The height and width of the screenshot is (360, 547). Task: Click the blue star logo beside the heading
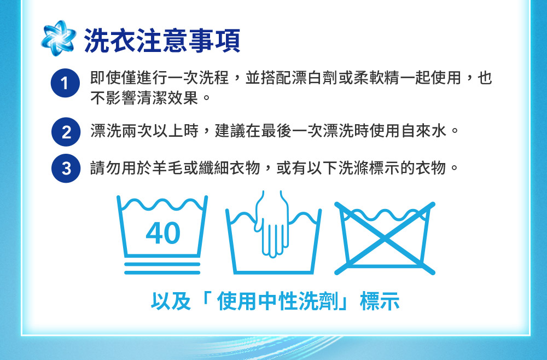click(x=59, y=38)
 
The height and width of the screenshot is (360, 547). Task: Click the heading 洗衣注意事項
click(x=162, y=40)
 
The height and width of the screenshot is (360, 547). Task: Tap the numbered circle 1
click(x=65, y=83)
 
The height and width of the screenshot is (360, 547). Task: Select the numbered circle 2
click(x=66, y=132)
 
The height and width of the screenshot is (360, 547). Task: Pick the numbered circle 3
click(x=66, y=168)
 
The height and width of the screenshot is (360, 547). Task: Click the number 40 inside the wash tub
click(x=163, y=233)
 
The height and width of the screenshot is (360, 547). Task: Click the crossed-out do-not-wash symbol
click(x=385, y=238)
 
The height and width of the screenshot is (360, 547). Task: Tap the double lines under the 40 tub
click(x=162, y=268)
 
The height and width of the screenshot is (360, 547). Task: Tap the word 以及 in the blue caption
click(x=171, y=301)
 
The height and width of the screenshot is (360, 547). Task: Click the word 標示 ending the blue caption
click(x=380, y=301)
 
